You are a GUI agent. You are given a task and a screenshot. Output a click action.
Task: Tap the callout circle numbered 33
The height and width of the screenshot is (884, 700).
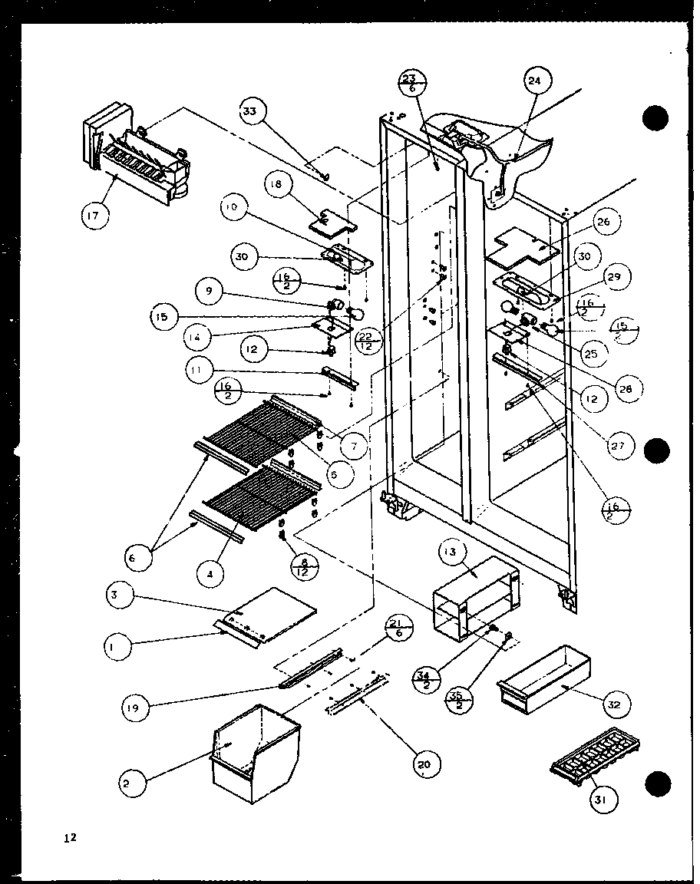(x=249, y=112)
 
